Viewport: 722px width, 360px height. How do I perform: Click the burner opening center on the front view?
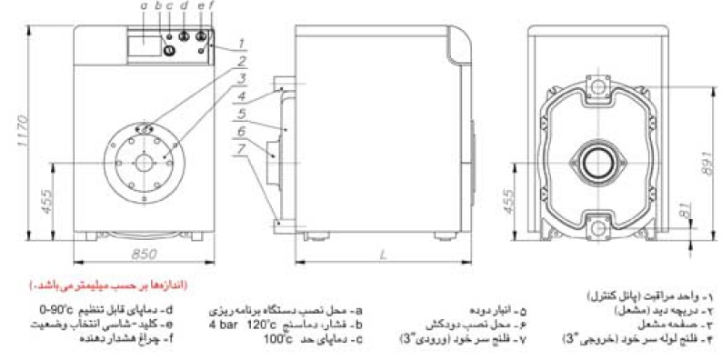(145, 161)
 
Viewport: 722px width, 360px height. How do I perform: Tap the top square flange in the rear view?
(597, 86)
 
